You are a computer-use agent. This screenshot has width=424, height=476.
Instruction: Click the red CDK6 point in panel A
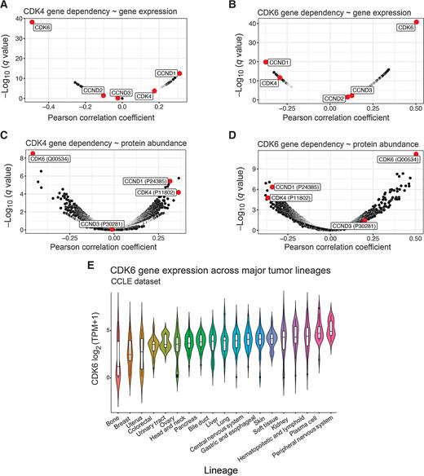(32, 22)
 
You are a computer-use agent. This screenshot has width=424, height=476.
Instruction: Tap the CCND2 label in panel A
(92, 90)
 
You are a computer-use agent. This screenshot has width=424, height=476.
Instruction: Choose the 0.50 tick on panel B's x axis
(415, 106)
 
